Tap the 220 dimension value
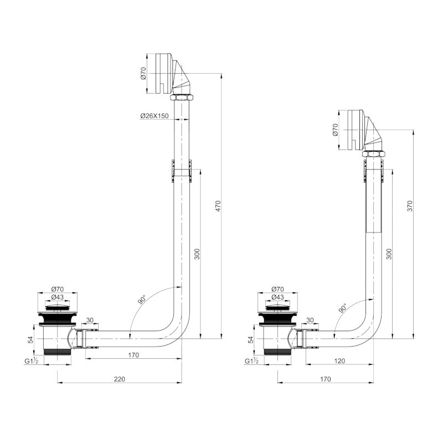(120, 379)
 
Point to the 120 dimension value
(339, 360)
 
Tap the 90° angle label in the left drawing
(142, 301)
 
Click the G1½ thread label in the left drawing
(32, 362)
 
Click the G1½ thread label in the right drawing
(252, 362)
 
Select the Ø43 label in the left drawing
(58, 297)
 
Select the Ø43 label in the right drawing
(278, 297)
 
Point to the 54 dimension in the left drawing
(31, 340)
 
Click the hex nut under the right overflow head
(374, 153)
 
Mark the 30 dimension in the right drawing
(310, 320)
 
